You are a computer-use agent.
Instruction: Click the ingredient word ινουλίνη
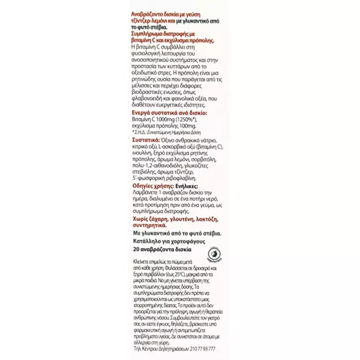[x=143, y=153]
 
